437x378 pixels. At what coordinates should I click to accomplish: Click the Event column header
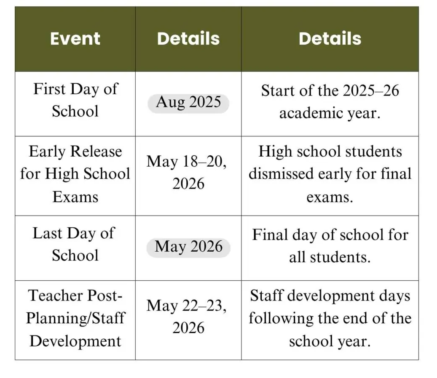(x=75, y=39)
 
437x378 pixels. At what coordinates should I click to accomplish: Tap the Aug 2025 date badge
(x=188, y=103)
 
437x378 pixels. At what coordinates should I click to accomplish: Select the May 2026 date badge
(x=188, y=247)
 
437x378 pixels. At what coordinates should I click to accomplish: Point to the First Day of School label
(x=75, y=100)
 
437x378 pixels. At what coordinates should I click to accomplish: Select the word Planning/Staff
(x=75, y=318)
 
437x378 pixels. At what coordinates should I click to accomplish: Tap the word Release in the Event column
(x=95, y=152)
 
